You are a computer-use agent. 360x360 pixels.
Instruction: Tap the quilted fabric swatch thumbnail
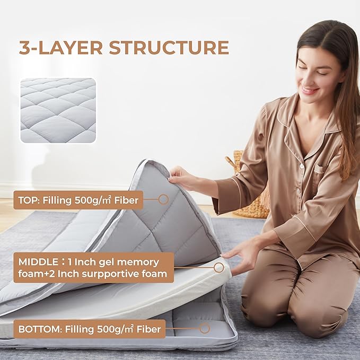coord(58,110)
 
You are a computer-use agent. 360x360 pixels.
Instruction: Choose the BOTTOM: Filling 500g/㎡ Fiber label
coord(89,329)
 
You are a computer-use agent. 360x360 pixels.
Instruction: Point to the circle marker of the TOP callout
coord(163,199)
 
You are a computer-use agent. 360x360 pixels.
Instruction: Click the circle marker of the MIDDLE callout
coord(218,268)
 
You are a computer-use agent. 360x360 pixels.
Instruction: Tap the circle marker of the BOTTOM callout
coord(205,328)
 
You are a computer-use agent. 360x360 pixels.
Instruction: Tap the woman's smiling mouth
coord(310,90)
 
